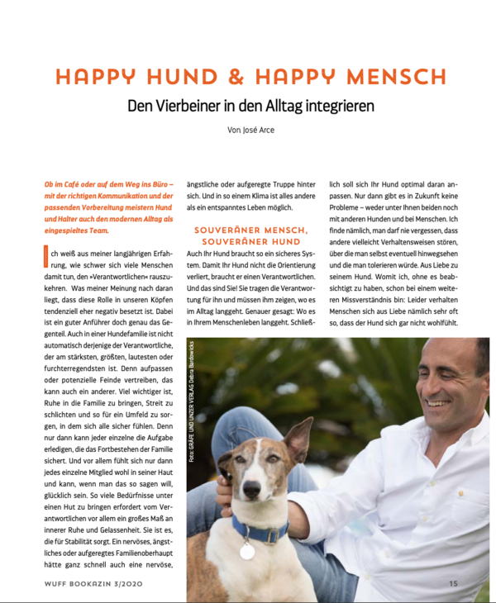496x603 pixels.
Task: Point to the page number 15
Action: tap(453, 583)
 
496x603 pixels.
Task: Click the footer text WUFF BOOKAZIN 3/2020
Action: tap(90, 583)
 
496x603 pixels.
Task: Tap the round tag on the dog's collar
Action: tap(246, 549)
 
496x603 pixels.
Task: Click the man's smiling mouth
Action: tap(437, 402)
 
